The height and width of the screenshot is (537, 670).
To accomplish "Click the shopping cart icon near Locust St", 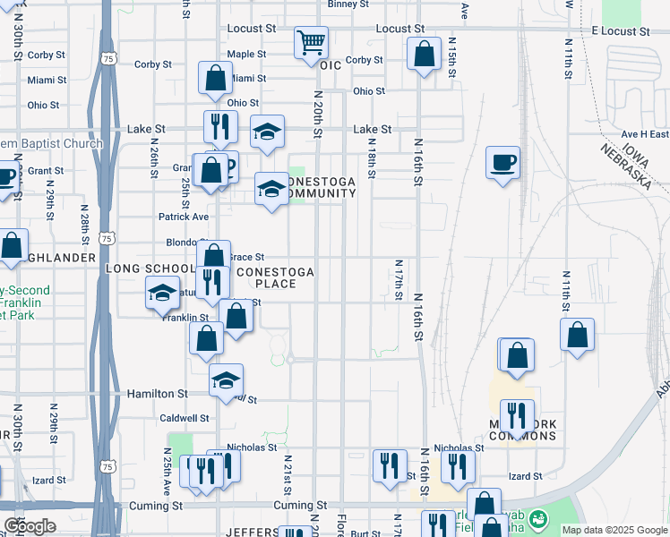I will [x=311, y=41].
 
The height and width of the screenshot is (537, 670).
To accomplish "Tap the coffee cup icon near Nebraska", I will [x=502, y=164].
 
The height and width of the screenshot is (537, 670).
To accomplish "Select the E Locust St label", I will [x=621, y=30].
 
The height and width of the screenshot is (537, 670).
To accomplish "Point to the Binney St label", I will [x=348, y=4].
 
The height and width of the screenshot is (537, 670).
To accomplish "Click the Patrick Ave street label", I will [x=184, y=217].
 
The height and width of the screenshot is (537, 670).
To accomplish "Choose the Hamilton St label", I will [x=157, y=393].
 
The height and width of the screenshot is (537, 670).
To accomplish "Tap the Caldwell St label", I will [x=184, y=418].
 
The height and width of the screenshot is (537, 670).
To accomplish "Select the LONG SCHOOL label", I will [x=150, y=268].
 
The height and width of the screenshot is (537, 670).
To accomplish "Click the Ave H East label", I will [x=647, y=134].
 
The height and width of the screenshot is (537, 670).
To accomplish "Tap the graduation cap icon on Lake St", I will [x=267, y=132].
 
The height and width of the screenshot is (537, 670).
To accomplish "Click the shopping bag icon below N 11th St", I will [x=578, y=336].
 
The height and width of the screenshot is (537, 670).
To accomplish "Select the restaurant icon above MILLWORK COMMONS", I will [x=517, y=415].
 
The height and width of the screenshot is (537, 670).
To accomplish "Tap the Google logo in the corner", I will [x=29, y=526].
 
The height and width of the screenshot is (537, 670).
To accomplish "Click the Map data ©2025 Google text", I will [x=614, y=530].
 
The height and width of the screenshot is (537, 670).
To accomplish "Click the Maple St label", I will [x=246, y=54].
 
